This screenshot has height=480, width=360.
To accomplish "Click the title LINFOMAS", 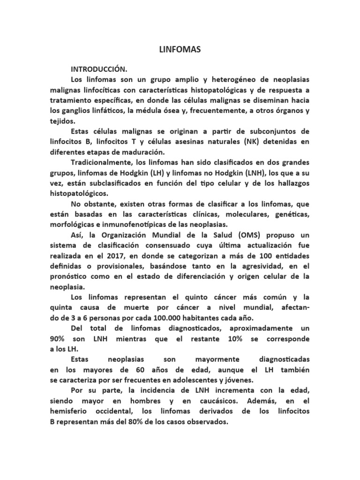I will pyautogui.click(x=180, y=49).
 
